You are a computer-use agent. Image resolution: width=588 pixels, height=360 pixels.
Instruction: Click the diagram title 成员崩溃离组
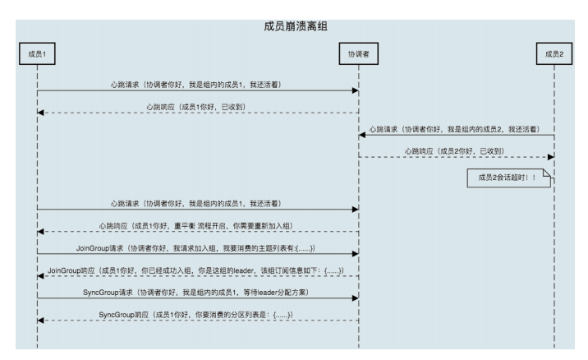coord(293,25)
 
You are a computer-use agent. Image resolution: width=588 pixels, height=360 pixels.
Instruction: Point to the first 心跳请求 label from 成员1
coord(197,85)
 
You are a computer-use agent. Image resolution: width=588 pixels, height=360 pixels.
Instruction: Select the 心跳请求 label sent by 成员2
coord(456,130)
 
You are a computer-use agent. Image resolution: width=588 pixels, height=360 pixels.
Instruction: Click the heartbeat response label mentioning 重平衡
coord(197,224)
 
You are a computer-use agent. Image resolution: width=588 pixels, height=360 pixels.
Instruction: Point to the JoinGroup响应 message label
coord(197,270)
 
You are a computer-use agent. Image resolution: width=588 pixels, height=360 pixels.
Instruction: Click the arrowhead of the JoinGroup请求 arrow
coord(354,254)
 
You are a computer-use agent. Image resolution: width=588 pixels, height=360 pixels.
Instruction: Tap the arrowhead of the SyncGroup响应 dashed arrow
coord(41,321)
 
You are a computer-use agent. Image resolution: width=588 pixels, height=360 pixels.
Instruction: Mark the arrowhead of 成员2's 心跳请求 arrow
coord(361,136)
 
